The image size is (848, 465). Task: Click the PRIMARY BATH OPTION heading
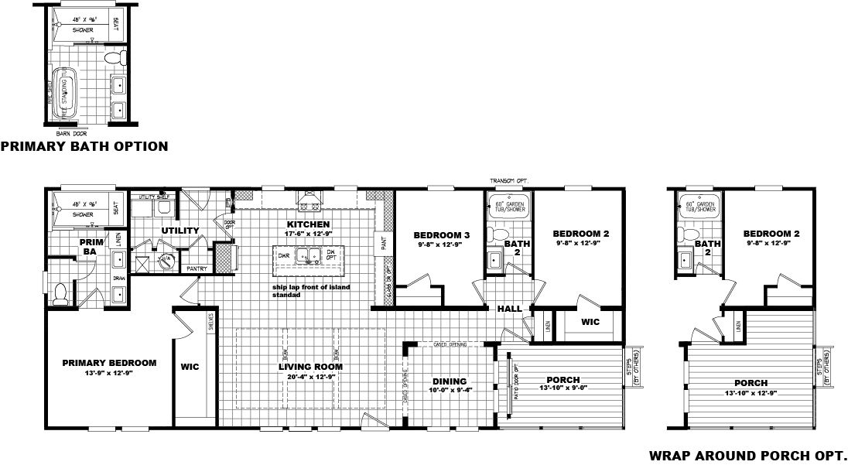pyautogui.click(x=84, y=146)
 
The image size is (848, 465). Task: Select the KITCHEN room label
pyautogui.click(x=306, y=223)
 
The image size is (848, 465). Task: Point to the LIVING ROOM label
pyautogui.click(x=310, y=367)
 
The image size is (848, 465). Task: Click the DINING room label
pyautogui.click(x=450, y=381)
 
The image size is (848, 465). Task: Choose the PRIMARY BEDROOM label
pyautogui.click(x=109, y=362)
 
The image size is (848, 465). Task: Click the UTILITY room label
pyautogui.click(x=180, y=231)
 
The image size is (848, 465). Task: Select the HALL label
pyautogui.click(x=509, y=309)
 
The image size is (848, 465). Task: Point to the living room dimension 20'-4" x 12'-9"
pyautogui.click(x=310, y=377)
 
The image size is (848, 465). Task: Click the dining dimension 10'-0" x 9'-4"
pyautogui.click(x=450, y=391)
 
